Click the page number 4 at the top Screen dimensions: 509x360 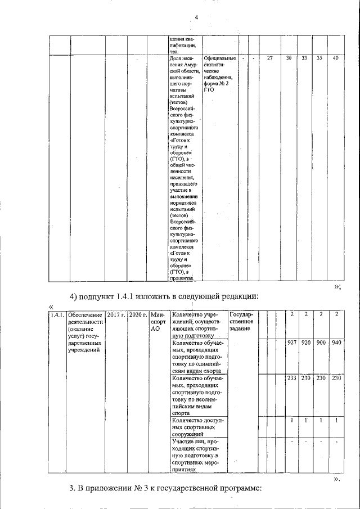click(196, 17)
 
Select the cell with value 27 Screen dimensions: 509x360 click(269, 58)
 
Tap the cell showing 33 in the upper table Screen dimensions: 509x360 click(304, 58)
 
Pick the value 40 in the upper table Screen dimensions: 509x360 click(335, 58)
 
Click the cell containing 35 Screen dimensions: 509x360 click(319, 58)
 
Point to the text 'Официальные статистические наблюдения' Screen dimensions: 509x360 click(220, 73)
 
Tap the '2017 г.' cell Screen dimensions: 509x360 click(116, 314)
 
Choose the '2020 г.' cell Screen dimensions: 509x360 click(137, 314)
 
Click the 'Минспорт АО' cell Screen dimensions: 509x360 click(156, 321)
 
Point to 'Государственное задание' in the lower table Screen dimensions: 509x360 click(242, 321)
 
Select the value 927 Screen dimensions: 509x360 click(291, 343)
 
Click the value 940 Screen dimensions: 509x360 click(336, 343)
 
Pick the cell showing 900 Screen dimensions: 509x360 click(321, 343)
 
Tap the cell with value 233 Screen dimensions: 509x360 click(291, 379)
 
